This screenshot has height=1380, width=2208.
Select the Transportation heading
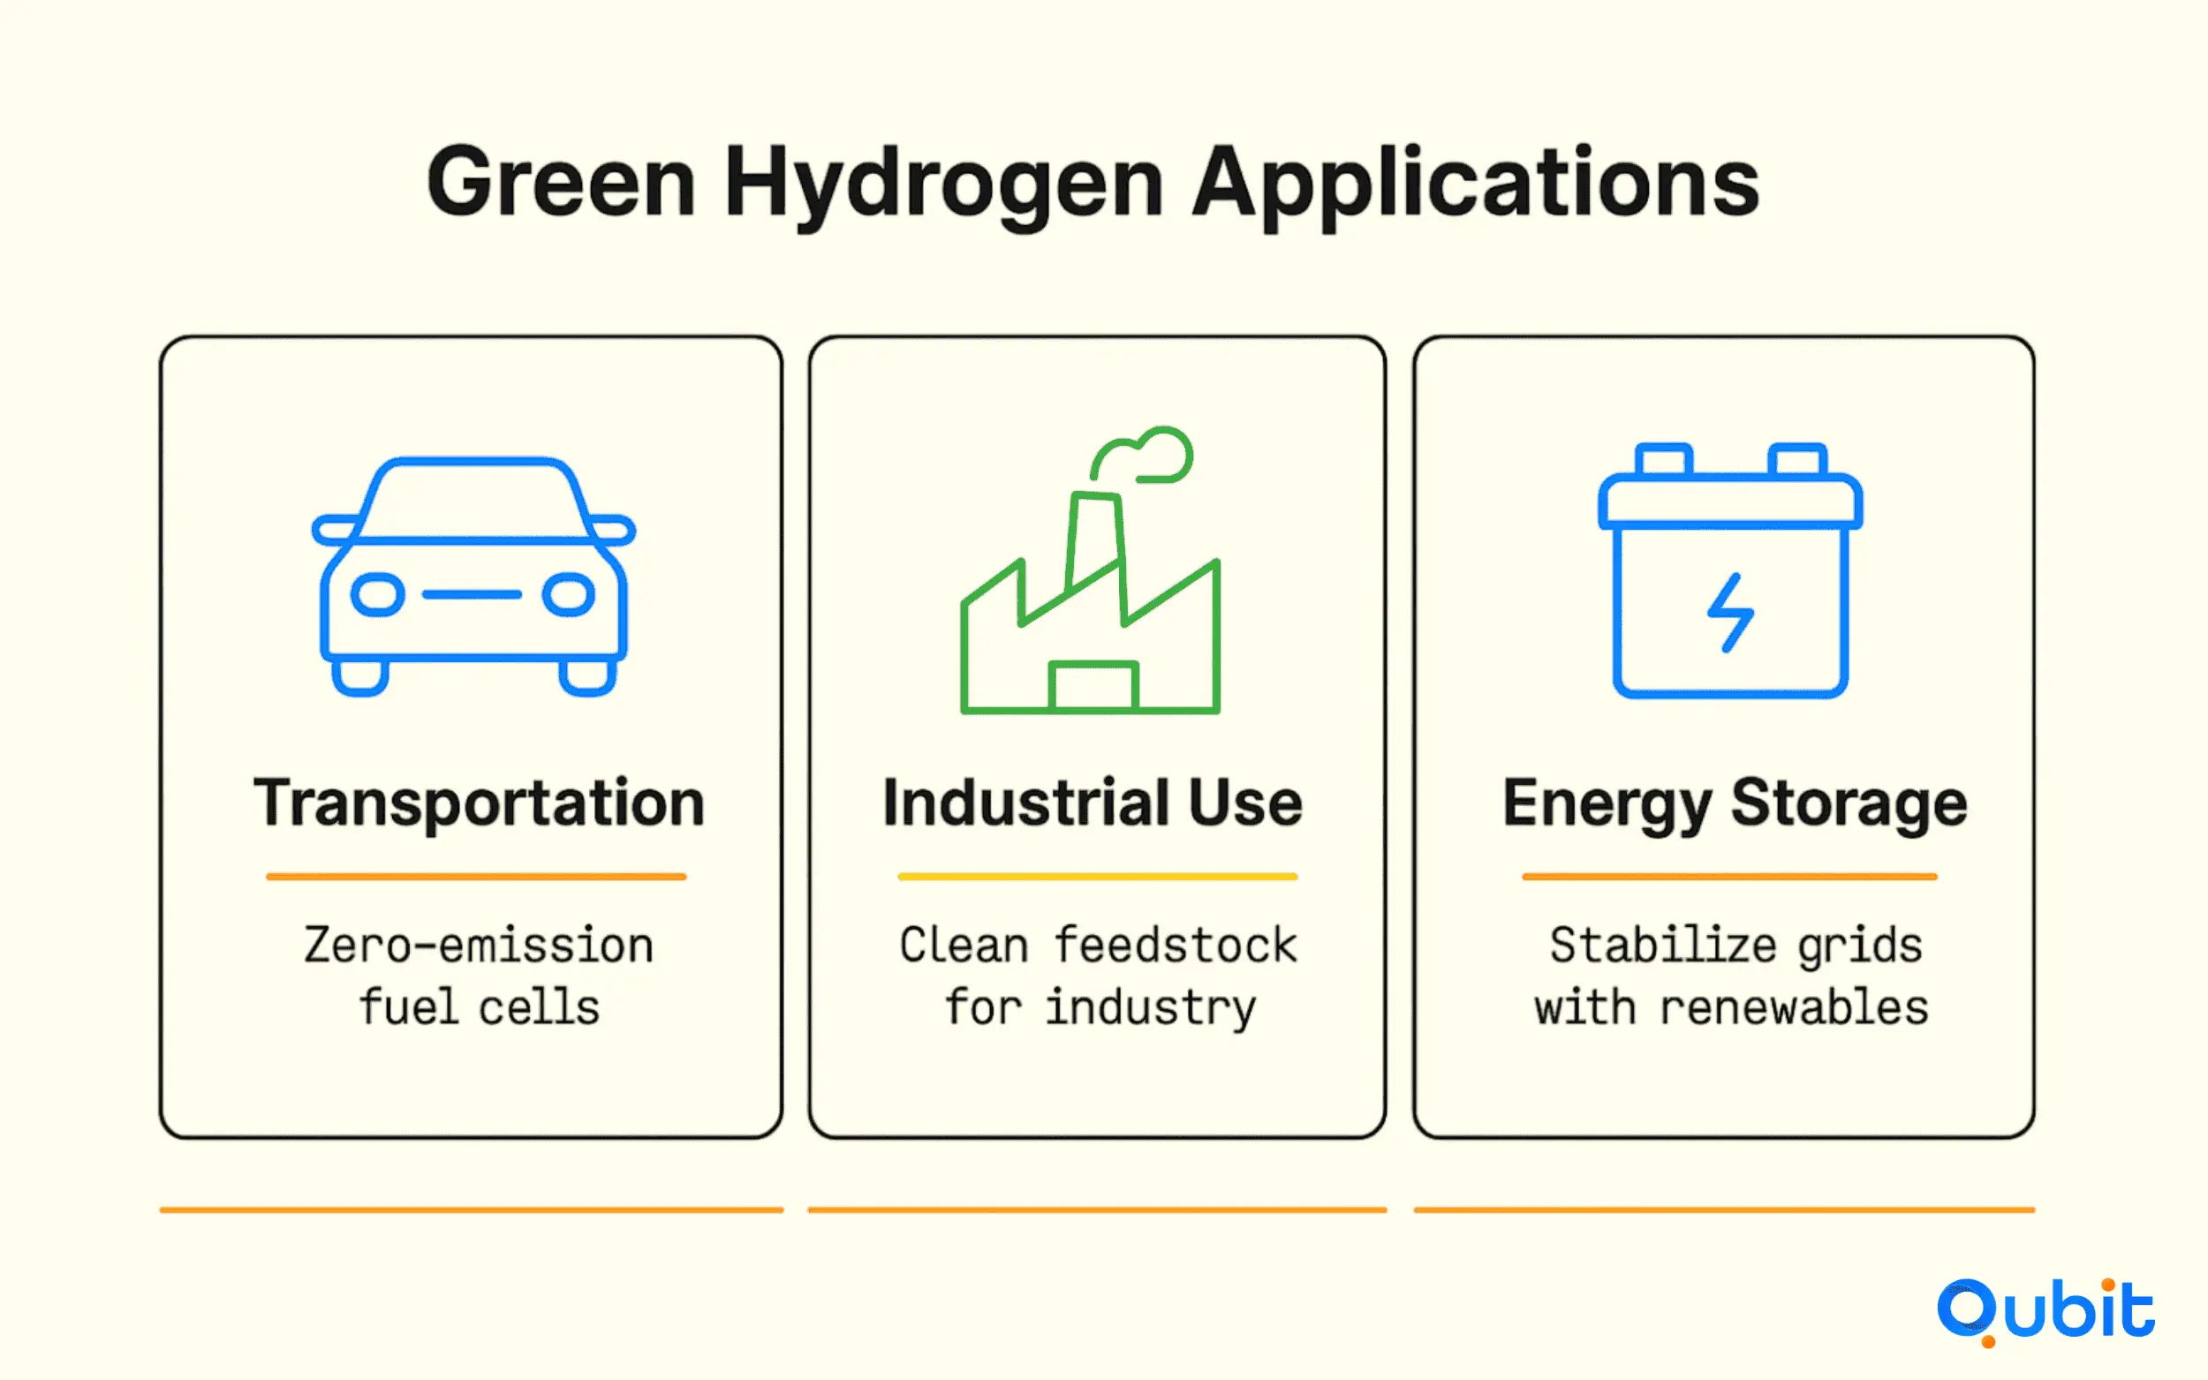(x=480, y=804)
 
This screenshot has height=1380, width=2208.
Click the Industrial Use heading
(x=1093, y=803)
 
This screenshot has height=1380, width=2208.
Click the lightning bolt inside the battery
(x=1730, y=613)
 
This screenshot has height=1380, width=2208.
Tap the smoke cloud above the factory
(x=1141, y=455)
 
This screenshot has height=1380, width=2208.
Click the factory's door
(x=1093, y=685)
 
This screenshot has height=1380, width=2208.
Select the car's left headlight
(x=378, y=595)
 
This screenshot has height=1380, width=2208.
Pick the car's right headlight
(x=569, y=595)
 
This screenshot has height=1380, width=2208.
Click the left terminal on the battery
(x=1664, y=459)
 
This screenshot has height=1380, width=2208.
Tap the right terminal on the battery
(x=1797, y=459)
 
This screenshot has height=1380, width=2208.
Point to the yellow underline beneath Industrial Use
(x=1097, y=876)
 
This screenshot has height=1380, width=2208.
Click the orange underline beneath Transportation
(x=475, y=876)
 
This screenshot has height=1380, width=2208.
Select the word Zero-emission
(x=480, y=945)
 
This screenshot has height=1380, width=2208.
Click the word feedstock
(x=1176, y=945)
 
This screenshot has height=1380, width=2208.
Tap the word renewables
(x=1794, y=1007)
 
